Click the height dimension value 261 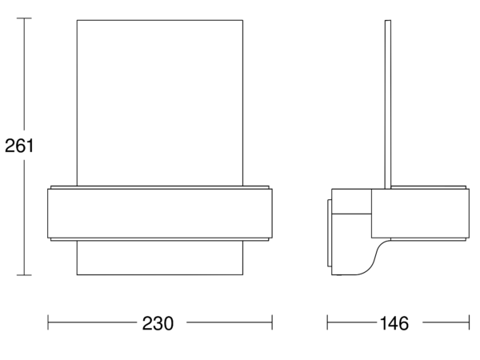click(x=19, y=146)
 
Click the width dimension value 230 click(x=158, y=323)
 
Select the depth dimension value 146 click(x=394, y=323)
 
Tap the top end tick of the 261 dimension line click(x=24, y=18)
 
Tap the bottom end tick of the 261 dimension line click(x=24, y=275)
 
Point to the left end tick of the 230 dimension click(x=48, y=322)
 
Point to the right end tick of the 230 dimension click(x=272, y=322)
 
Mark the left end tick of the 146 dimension click(x=327, y=322)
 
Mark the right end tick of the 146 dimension click(x=469, y=322)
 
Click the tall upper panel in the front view click(x=160, y=103)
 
